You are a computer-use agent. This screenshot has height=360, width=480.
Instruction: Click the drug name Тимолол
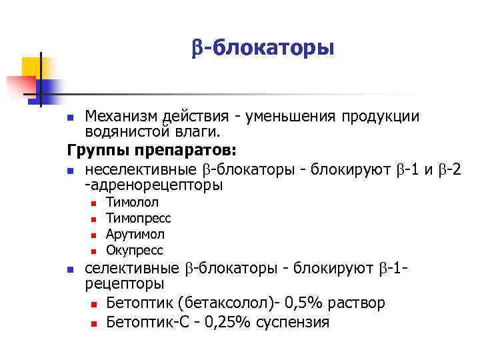133,203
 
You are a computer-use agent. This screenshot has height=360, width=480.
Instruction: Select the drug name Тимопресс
139,219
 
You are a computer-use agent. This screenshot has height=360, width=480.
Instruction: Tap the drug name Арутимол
135,235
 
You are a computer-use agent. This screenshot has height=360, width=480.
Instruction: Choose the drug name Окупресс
135,251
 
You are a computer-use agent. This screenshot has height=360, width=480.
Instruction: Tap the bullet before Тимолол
95,204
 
